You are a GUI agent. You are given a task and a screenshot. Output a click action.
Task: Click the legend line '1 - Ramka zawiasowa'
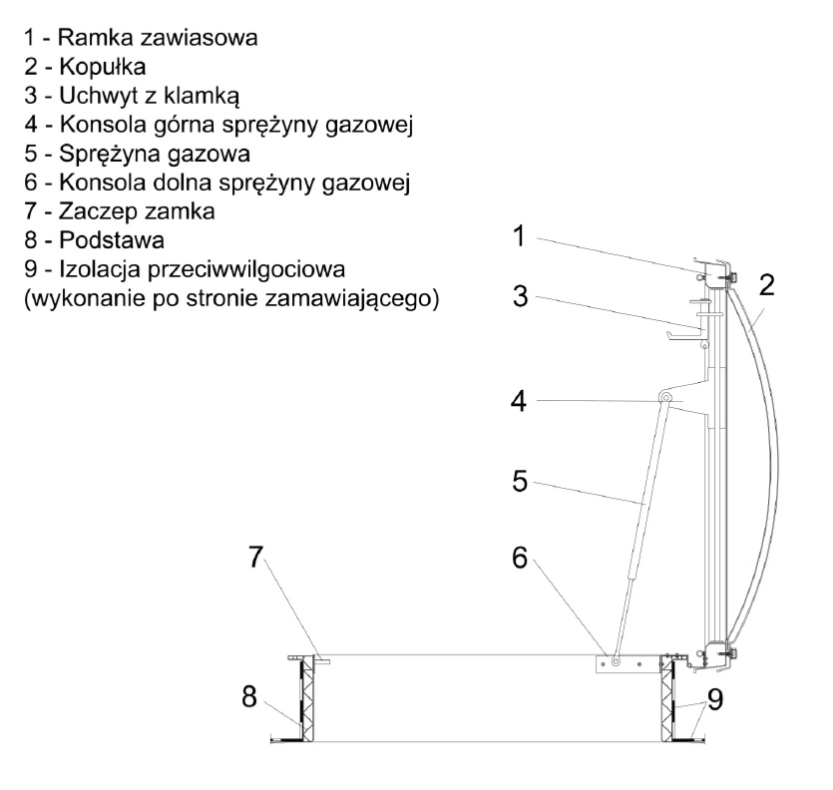point(139,41)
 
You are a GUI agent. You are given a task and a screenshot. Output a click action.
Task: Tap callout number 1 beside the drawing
point(518,236)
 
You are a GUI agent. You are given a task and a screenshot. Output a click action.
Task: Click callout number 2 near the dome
point(767,286)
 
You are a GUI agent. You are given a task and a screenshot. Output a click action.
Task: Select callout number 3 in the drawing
point(519,296)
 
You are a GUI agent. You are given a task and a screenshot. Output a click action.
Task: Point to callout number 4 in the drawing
point(518,401)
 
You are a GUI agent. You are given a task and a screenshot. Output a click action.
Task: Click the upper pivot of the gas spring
point(663,399)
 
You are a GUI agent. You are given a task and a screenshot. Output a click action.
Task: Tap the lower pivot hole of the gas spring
point(618,660)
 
